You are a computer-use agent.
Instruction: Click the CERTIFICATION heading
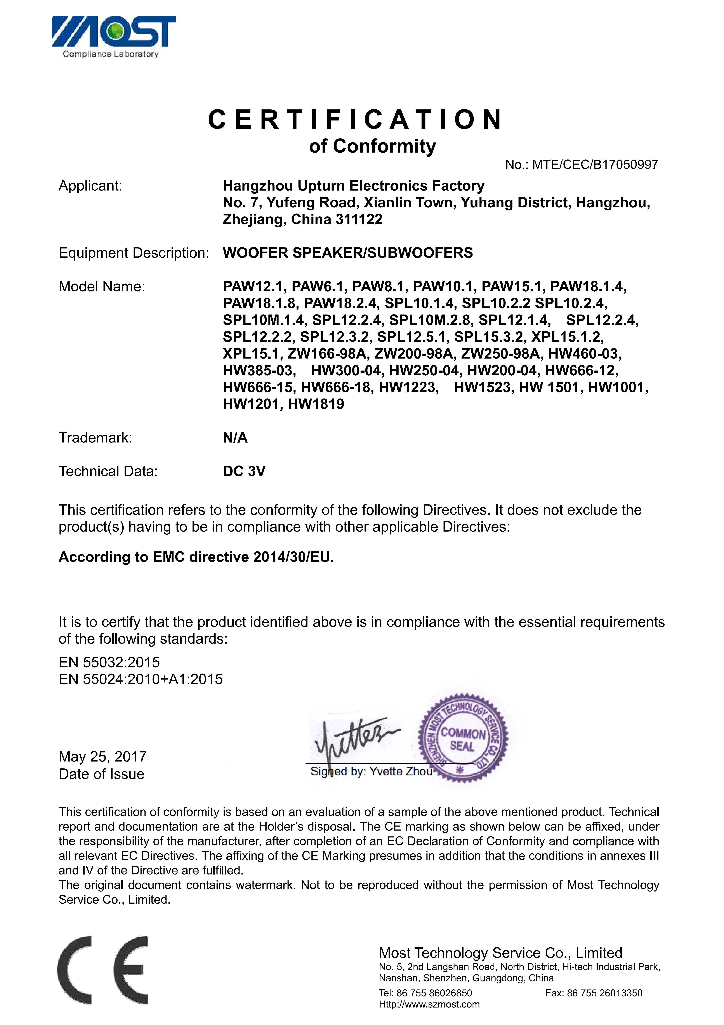356,120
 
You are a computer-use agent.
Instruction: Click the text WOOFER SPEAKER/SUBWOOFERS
347,253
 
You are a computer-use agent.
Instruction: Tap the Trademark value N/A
235,437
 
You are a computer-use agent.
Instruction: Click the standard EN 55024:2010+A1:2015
141,679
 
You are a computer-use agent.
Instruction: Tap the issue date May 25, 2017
103,756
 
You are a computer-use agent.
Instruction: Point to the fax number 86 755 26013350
604,993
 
